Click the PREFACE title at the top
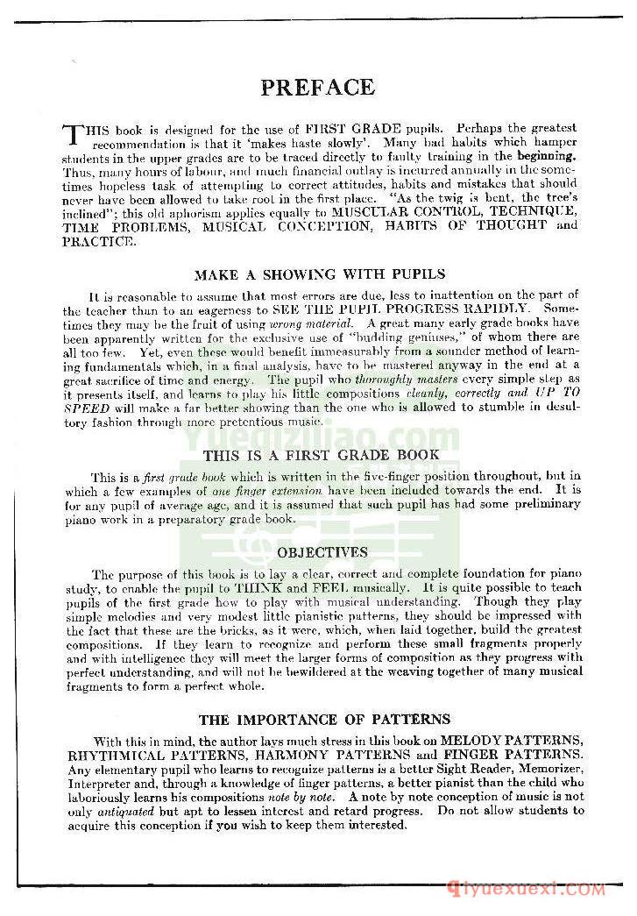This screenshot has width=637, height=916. point(317,88)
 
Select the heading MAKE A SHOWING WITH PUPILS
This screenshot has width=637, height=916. point(320,274)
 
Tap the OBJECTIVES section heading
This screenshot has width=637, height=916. point(322,552)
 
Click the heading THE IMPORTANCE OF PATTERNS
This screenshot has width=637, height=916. point(324,720)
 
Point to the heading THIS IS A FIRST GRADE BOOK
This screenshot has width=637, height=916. point(322,456)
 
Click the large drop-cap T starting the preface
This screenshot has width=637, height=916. point(73,135)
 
